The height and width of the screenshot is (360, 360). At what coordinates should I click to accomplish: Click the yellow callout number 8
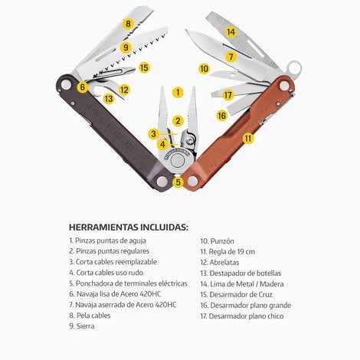click(128, 24)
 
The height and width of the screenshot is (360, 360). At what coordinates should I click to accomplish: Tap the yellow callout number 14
click(231, 32)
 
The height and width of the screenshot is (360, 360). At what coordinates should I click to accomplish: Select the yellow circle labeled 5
click(178, 182)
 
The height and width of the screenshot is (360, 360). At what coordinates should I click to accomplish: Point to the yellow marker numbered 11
click(248, 139)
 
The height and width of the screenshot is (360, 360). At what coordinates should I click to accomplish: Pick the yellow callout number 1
click(178, 93)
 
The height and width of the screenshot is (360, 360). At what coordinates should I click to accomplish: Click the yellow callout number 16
click(221, 116)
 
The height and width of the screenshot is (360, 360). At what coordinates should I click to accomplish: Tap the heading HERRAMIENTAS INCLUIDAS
click(129, 227)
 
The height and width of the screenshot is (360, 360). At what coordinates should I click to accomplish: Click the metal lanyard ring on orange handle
click(295, 68)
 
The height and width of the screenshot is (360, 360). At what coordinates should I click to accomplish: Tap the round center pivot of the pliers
click(178, 161)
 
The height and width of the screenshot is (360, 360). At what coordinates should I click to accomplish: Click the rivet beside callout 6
click(66, 84)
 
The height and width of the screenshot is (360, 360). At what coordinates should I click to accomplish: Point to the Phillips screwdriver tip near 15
click(133, 68)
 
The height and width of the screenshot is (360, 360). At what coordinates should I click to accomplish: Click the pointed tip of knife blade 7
click(187, 30)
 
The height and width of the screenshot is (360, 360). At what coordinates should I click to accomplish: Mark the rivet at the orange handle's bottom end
click(192, 182)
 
